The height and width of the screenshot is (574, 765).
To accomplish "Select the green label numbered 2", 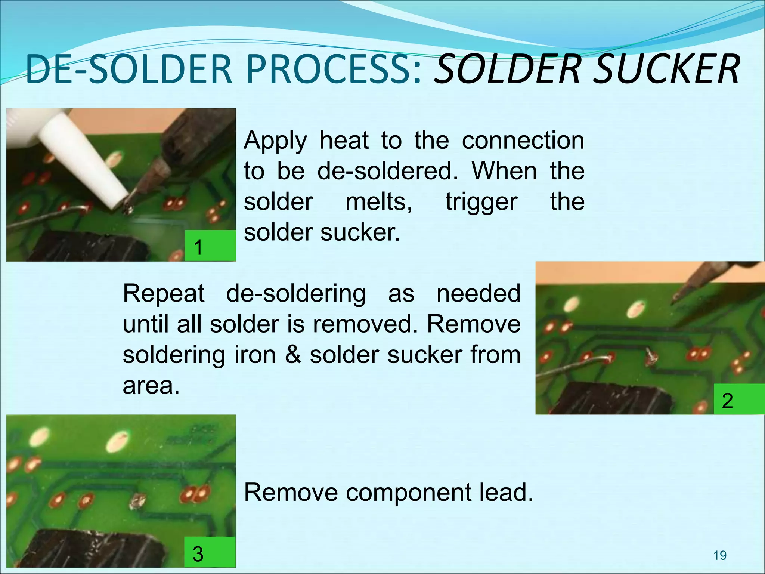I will click(x=738, y=399).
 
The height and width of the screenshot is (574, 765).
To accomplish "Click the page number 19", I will click(x=720, y=555).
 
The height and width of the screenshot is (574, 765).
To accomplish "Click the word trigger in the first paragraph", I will click(x=481, y=202).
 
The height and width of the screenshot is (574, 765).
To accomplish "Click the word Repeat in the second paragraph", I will click(x=164, y=293).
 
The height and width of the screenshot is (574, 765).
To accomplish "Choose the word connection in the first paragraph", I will click(x=523, y=141).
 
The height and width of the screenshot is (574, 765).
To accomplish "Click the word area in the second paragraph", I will click(x=151, y=386).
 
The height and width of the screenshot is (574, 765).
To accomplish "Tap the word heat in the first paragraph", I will click(x=344, y=141).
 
